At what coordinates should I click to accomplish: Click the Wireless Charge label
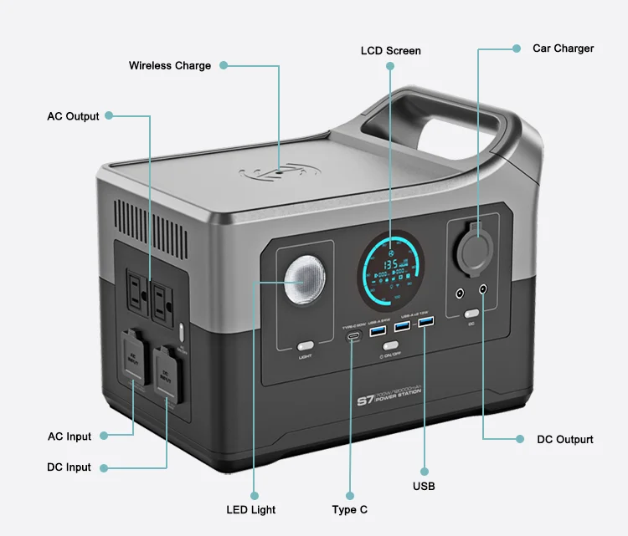tap(169, 65)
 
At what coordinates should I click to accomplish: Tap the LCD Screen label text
tap(390, 51)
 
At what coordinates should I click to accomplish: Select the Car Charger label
tap(563, 48)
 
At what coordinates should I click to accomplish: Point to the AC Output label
tap(73, 116)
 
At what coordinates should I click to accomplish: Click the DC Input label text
tap(69, 467)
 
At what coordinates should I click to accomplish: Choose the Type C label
tap(349, 509)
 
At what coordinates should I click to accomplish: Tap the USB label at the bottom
tap(424, 486)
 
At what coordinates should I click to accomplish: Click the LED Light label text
tap(250, 509)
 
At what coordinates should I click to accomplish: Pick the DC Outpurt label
tap(565, 439)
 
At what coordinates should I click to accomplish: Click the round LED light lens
tap(306, 281)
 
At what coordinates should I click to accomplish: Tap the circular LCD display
tap(389, 268)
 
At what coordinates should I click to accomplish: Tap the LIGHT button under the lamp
tap(306, 345)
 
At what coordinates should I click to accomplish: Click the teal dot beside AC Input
tap(104, 436)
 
